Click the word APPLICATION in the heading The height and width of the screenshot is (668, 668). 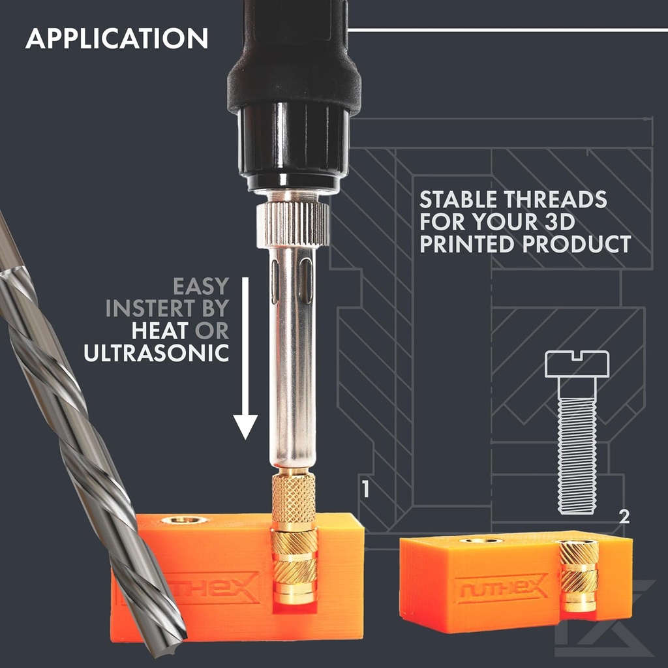tap(117, 38)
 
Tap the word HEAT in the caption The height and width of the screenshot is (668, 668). tap(160, 331)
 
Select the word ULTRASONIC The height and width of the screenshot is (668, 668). tap(157, 353)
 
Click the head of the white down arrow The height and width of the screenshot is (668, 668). tap(245, 427)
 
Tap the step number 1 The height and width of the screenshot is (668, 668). tap(365, 489)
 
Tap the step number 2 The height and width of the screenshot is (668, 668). tap(624, 517)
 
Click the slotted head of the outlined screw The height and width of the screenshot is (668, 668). tap(577, 364)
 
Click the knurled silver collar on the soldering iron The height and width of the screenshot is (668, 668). tap(293, 224)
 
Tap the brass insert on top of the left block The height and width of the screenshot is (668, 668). tap(184, 520)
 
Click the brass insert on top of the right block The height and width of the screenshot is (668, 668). tap(481, 541)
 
